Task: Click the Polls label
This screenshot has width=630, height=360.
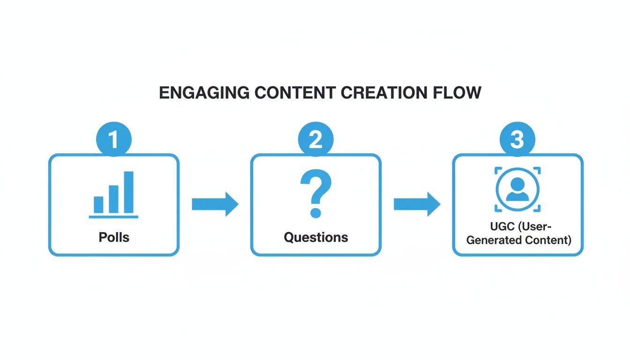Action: (114, 237)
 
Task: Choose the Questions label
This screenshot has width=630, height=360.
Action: (315, 237)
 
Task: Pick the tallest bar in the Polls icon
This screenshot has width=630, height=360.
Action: (128, 192)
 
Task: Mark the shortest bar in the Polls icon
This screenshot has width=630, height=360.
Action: (98, 204)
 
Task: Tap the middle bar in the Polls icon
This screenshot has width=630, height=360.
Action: (113, 199)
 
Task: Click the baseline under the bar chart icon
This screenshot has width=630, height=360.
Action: (113, 217)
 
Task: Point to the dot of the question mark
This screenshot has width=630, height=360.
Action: (315, 213)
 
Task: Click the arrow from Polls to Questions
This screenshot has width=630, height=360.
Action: (215, 204)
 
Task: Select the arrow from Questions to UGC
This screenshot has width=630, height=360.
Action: (416, 204)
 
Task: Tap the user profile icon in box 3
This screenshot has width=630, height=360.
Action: (517, 189)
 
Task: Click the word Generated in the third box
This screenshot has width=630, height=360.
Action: (492, 240)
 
